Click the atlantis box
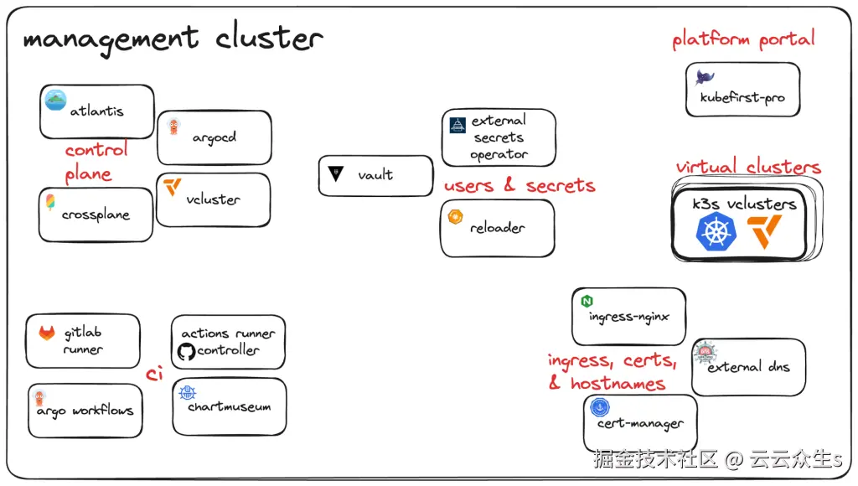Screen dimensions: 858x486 [97, 111]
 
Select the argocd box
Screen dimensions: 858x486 [214, 137]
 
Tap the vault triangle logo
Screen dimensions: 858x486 [335, 173]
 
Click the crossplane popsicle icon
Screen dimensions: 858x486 [50, 203]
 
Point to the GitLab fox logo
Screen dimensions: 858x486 [47, 332]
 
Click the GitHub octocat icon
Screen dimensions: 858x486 [186, 351]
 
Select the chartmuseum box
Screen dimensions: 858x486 [230, 406]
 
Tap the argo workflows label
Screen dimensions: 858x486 [85, 411]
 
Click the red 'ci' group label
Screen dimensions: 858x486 [154, 373]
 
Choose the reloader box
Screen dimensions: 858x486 [498, 228]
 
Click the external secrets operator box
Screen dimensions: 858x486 [499, 137]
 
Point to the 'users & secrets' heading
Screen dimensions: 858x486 [519, 185]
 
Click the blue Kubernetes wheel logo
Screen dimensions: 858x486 [716, 231]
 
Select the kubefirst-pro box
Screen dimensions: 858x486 [743, 89]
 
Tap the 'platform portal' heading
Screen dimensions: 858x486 [744, 39]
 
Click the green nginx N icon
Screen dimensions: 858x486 [587, 301]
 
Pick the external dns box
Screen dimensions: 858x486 [748, 367]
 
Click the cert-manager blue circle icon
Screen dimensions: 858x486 [600, 407]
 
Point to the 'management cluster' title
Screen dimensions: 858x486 [173, 39]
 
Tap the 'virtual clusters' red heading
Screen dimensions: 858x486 [748, 167]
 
